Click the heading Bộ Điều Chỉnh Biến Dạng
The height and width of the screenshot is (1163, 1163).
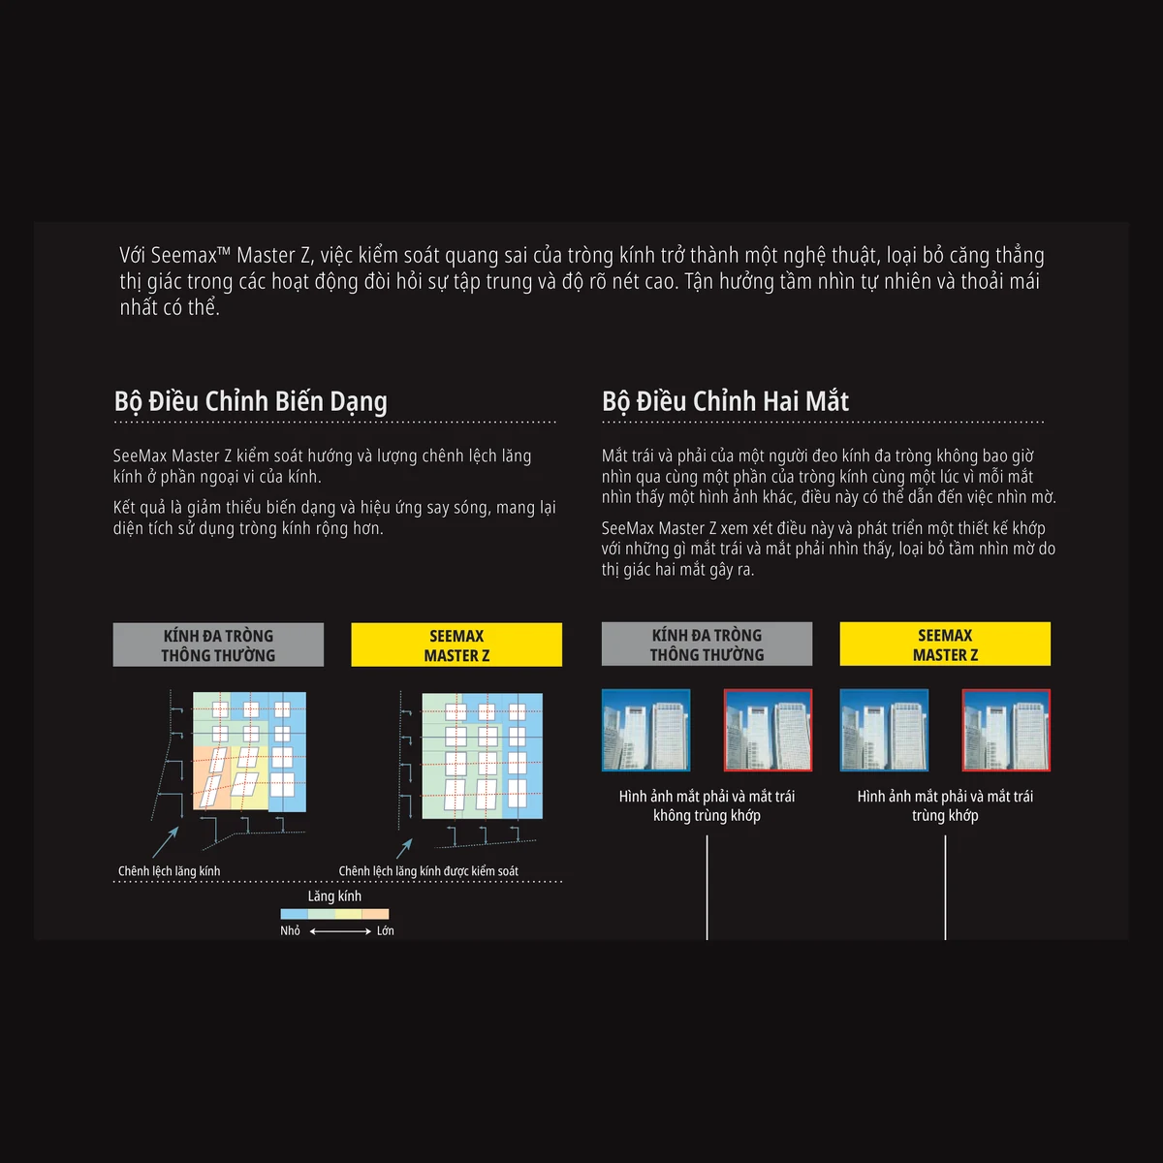(x=250, y=402)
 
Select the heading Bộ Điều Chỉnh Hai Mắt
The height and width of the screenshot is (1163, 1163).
(x=725, y=401)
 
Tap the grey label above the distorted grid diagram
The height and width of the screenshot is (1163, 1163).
(x=218, y=644)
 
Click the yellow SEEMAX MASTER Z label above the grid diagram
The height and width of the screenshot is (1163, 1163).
(x=456, y=644)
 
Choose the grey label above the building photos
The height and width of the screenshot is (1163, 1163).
(x=707, y=644)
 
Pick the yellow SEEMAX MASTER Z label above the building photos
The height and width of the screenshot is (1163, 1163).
(x=945, y=644)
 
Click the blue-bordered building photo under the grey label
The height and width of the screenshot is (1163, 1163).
(x=645, y=731)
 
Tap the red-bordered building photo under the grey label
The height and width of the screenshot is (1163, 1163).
(x=768, y=731)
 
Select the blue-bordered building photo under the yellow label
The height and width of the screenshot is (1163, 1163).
(x=884, y=731)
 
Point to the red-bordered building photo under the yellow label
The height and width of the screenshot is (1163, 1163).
(x=1006, y=731)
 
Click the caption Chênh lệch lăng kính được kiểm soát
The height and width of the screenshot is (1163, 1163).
(x=428, y=871)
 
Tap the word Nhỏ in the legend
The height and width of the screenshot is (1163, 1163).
(x=291, y=930)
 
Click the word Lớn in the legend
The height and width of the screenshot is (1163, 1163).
(x=385, y=930)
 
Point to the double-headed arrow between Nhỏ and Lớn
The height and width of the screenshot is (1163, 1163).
(x=340, y=931)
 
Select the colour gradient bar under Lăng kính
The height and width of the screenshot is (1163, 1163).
(x=334, y=914)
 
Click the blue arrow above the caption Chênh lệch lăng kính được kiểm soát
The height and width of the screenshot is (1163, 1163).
(x=404, y=848)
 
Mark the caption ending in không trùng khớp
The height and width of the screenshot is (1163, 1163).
(x=707, y=805)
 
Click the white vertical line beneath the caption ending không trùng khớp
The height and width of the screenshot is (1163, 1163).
(x=707, y=887)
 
